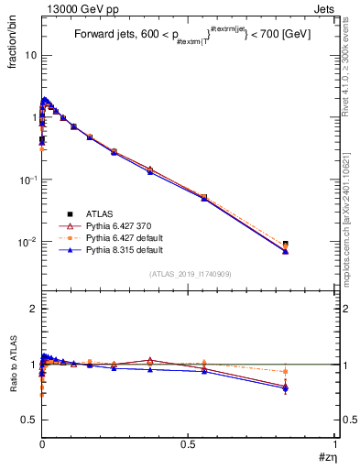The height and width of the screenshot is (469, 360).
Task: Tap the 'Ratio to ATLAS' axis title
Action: coord(13,366)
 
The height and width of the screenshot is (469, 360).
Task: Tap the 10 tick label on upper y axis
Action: coord(30,55)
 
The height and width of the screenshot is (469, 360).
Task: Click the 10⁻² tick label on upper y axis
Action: coord(28,242)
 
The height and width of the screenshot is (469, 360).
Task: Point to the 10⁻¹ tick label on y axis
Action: coord(28,180)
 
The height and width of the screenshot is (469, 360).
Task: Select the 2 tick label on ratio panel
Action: coord(34,309)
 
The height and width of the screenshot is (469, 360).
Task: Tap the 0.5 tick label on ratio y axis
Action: coord(28,420)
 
